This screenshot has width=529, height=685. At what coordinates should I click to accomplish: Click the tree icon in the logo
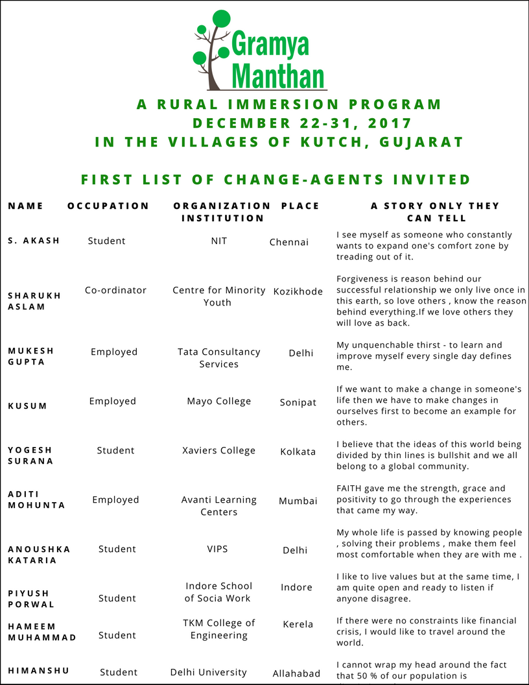point(213,49)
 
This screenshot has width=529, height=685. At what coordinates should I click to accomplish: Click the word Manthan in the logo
point(278,75)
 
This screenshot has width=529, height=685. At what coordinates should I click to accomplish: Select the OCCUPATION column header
point(108,206)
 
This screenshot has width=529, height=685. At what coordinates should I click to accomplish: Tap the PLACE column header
point(300,206)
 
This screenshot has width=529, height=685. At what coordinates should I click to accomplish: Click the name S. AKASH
point(34,241)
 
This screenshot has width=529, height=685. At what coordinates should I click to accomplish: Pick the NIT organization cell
point(219,241)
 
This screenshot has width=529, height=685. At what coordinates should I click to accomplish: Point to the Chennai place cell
point(289,243)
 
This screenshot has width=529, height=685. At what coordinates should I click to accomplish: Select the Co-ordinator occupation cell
point(115,290)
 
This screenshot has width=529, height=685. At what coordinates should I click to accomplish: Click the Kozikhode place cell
point(298,291)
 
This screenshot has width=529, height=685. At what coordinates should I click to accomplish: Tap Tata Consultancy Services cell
point(219,357)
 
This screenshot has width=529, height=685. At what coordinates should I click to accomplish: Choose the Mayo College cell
point(219,401)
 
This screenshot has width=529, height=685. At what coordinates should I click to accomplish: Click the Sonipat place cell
point(298,402)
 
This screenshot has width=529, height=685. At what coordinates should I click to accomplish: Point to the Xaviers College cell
point(219,450)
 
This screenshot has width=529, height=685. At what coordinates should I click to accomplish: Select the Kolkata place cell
point(298,451)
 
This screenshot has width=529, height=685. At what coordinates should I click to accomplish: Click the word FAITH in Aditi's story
point(349,488)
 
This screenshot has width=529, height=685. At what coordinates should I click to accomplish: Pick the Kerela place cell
point(298,624)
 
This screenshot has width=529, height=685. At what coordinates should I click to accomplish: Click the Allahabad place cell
point(296,673)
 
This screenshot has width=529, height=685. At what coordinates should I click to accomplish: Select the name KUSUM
point(28,406)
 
